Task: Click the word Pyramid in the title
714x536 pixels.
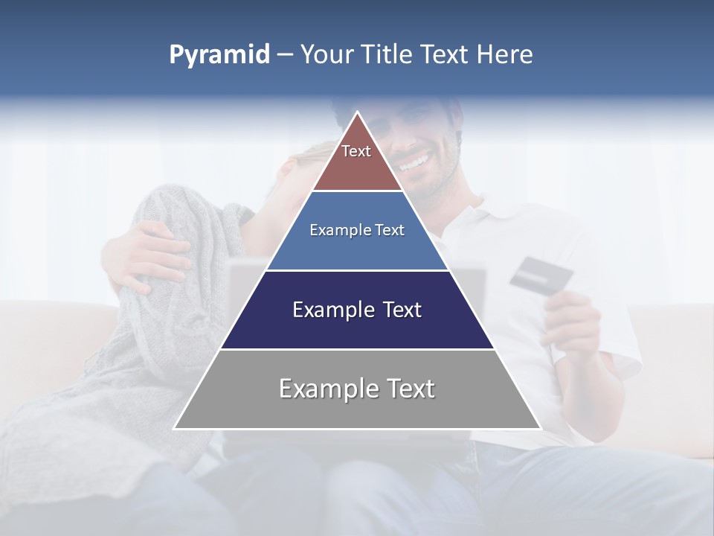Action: [x=219, y=55]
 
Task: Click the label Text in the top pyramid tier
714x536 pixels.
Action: [x=356, y=151]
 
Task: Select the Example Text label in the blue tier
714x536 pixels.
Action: [x=357, y=230]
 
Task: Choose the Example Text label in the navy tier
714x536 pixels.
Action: [x=357, y=310]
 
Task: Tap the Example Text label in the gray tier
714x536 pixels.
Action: [x=357, y=389]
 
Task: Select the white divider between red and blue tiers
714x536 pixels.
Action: [x=357, y=191]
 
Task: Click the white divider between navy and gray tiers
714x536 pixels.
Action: [x=357, y=349]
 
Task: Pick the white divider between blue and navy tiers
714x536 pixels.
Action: [x=357, y=270]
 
